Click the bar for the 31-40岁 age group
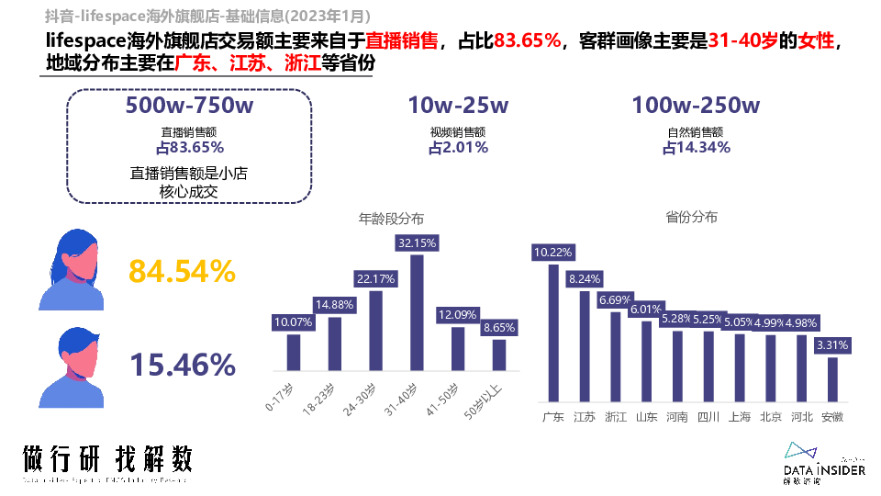417,312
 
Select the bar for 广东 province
553,333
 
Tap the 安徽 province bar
832,378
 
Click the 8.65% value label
498,327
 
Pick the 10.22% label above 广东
553,252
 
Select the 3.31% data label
832,345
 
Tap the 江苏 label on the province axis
585,417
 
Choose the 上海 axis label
740,417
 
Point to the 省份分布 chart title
692,218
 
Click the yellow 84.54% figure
182,271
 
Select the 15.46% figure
182,365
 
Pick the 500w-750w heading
189,107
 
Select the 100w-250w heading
696,107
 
